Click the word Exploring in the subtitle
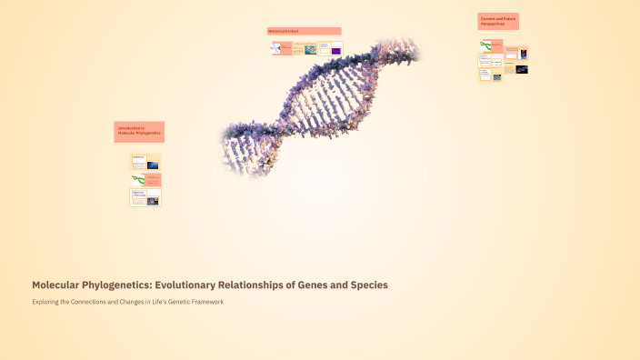tap(49, 302)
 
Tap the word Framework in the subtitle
tap(205, 302)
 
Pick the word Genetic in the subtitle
tap(169, 302)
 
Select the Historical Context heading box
tap(304, 31)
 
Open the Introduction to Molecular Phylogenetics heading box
tap(139, 131)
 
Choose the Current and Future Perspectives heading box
tap(498, 21)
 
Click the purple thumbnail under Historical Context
tap(336, 51)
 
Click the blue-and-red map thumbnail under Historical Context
tap(311, 49)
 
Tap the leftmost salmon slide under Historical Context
tap(281, 47)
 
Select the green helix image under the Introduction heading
tap(138, 179)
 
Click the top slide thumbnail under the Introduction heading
tap(145, 163)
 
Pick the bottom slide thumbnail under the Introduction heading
tap(145, 197)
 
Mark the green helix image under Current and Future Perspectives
tap(488, 45)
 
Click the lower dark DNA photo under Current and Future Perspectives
tap(522, 69)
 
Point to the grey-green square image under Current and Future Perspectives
tap(496, 77)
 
